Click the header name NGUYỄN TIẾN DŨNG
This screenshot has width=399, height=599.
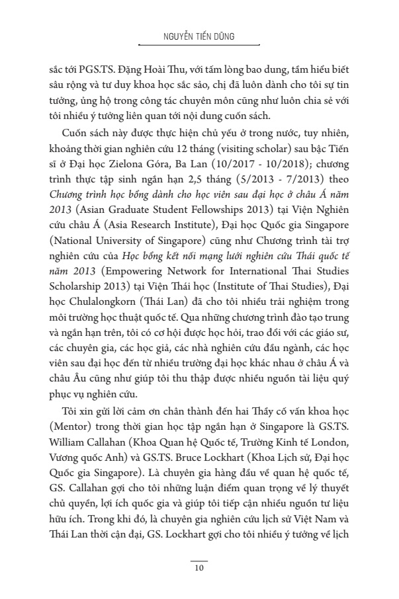(x=199, y=38)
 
